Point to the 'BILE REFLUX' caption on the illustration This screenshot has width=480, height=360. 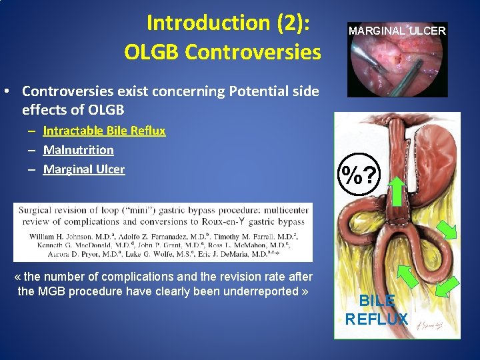(376, 310)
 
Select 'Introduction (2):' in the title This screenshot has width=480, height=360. (233, 23)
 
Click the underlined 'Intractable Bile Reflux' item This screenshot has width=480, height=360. (104, 131)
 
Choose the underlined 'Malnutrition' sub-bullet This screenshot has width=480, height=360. (78, 150)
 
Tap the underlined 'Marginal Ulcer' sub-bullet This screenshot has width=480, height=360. (83, 169)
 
